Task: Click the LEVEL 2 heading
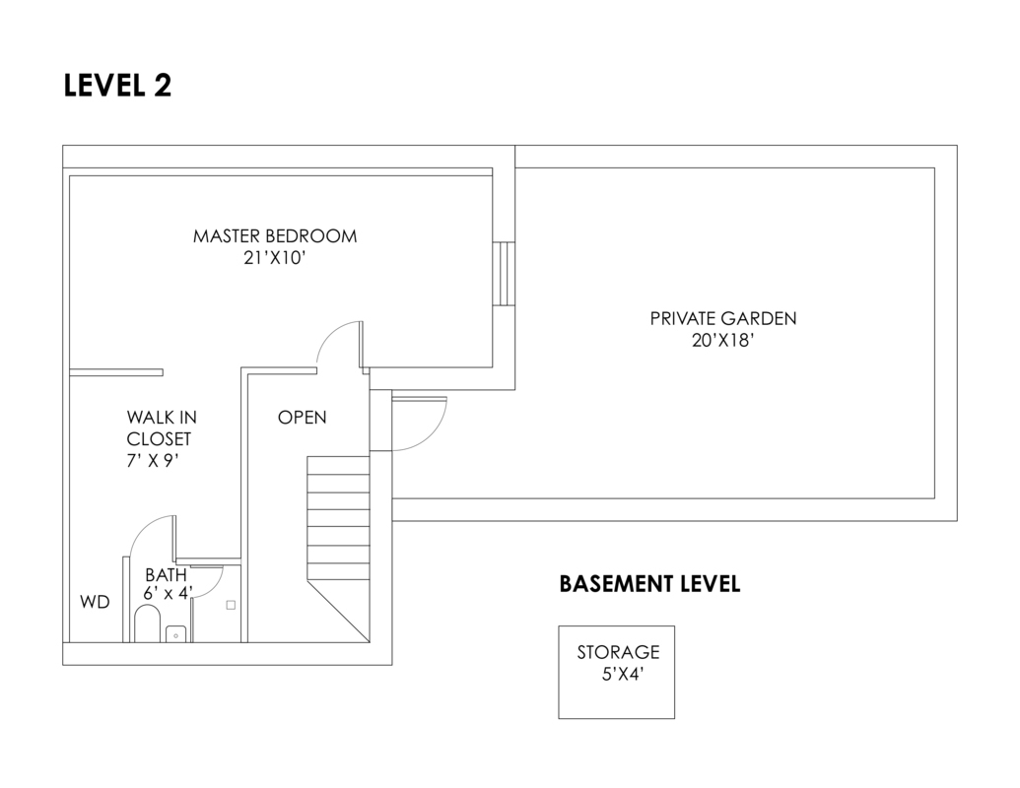[117, 86]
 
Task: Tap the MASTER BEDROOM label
[275, 236]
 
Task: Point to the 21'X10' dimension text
[275, 259]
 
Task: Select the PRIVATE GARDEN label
[722, 318]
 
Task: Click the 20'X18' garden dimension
[722, 341]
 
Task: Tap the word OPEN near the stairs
[302, 418]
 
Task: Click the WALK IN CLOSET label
[160, 428]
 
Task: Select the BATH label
[166, 574]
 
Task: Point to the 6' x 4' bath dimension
[169, 593]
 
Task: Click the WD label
[95, 602]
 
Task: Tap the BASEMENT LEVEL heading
[649, 584]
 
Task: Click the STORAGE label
[618, 652]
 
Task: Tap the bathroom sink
[177, 633]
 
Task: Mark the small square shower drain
[231, 605]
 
